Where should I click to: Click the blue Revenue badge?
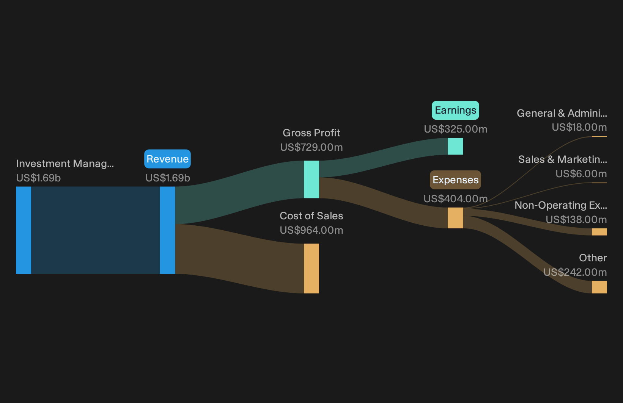pyautogui.click(x=167, y=159)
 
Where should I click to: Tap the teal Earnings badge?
pyautogui.click(x=455, y=110)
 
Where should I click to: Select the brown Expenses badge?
pyautogui.click(x=455, y=180)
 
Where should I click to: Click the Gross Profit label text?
pyautogui.click(x=311, y=133)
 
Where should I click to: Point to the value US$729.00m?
pyautogui.click(x=311, y=147)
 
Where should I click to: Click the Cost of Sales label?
pyautogui.click(x=311, y=216)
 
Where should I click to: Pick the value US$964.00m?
pyautogui.click(x=311, y=230)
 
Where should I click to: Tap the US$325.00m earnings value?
pyautogui.click(x=455, y=129)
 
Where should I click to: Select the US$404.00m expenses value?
pyautogui.click(x=455, y=198)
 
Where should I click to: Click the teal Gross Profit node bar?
pyautogui.click(x=311, y=179)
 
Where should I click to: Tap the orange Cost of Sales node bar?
pyautogui.click(x=311, y=268)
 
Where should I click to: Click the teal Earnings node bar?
pyautogui.click(x=455, y=146)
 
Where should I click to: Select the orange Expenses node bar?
pyautogui.click(x=455, y=218)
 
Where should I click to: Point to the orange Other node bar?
pyautogui.click(x=599, y=287)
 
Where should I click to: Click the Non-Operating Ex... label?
pyautogui.click(x=561, y=205)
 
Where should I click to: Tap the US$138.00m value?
pyautogui.click(x=576, y=220)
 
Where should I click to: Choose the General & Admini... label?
pyautogui.click(x=562, y=113)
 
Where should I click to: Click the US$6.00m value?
pyautogui.click(x=581, y=174)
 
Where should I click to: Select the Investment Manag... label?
pyautogui.click(x=65, y=164)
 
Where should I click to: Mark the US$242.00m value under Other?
pyautogui.click(x=575, y=272)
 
